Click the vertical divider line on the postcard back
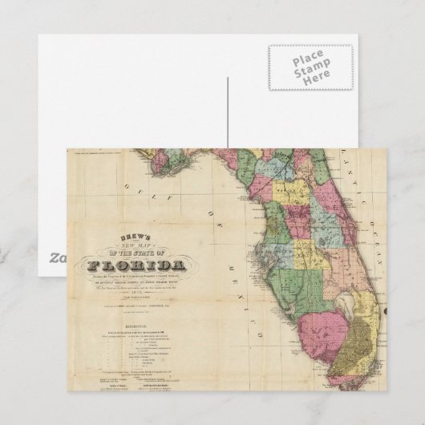click(228, 112)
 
